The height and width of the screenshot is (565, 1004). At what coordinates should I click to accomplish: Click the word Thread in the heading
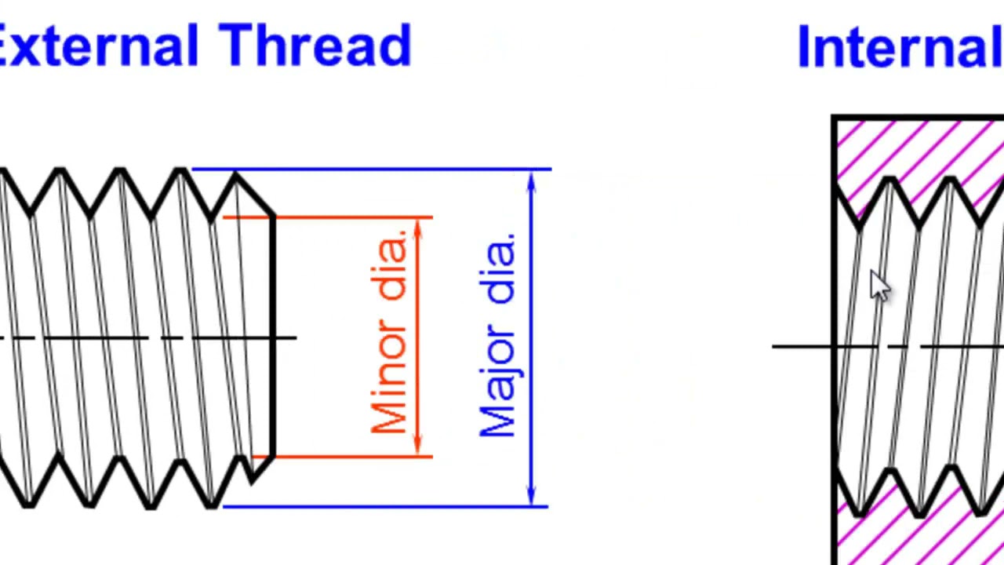click(315, 46)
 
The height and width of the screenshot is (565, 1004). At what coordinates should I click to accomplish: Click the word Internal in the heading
click(901, 46)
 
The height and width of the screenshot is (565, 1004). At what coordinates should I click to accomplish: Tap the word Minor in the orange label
click(389, 376)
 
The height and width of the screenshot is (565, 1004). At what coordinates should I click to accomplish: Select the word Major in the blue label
click(497, 381)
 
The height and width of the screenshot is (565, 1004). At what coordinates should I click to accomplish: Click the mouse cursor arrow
click(879, 285)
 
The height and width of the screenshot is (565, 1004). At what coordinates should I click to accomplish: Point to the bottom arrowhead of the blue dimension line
click(532, 495)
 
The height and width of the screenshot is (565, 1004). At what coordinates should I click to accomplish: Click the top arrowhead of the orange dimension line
click(418, 228)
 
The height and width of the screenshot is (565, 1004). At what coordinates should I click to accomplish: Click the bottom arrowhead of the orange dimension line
click(418, 445)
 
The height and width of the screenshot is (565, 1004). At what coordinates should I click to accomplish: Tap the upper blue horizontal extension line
click(372, 169)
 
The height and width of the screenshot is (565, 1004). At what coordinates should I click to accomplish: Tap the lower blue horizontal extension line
click(385, 507)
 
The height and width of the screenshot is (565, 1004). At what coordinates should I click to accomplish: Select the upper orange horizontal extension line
click(328, 217)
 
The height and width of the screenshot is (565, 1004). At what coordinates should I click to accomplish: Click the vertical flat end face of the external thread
click(273, 337)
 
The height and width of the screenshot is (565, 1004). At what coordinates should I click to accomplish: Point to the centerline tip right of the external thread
click(296, 337)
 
